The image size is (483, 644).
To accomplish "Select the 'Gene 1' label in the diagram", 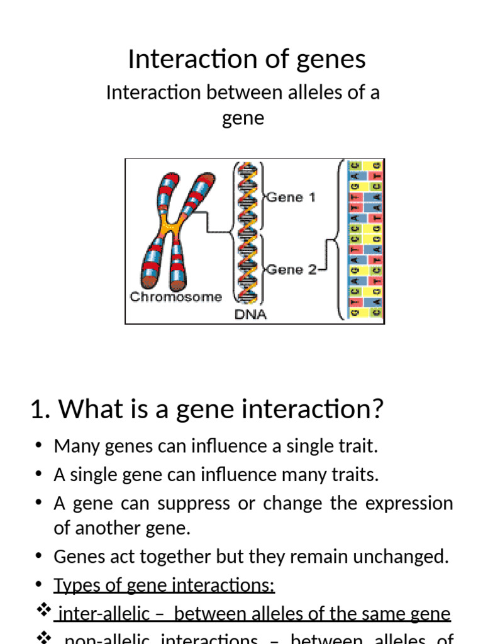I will point(291,197).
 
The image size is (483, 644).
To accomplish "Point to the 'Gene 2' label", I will point(291,270).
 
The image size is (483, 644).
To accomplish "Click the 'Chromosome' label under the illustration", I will point(175,297).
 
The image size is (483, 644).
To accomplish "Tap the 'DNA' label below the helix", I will point(250,314).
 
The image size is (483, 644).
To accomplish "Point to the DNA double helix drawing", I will point(247,233).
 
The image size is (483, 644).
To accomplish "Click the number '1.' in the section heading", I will point(40,410).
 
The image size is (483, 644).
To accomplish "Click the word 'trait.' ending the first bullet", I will point(358,447).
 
